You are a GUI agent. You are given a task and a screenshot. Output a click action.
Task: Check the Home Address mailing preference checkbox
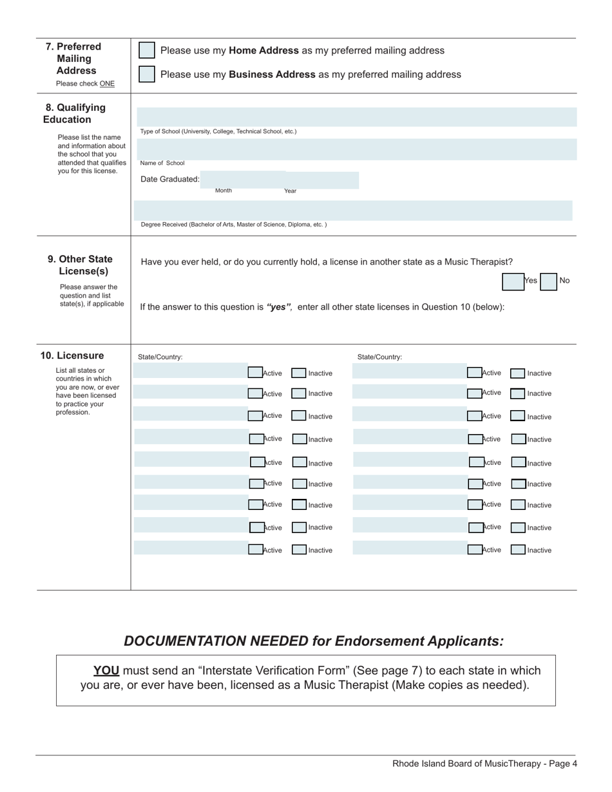click(147, 50)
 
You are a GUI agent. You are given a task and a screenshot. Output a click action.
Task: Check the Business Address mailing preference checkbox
click(147, 74)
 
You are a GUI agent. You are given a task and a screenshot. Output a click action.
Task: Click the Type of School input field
click(357, 117)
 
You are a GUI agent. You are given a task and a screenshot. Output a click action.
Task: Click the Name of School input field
click(357, 149)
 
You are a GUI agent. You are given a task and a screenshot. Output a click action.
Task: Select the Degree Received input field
click(353, 211)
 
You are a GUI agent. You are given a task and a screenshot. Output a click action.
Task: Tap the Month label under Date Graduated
click(224, 191)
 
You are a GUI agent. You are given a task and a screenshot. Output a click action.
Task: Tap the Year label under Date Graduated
click(291, 191)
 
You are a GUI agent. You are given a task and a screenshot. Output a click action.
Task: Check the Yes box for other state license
click(513, 281)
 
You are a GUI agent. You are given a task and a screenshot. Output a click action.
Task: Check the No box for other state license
click(548, 281)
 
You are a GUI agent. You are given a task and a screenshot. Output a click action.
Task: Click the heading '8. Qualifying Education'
click(74, 113)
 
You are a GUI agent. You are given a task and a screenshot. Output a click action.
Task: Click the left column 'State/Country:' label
click(160, 357)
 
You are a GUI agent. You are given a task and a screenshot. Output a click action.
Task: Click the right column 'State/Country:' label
click(379, 357)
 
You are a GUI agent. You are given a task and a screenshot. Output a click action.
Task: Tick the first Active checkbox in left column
click(255, 372)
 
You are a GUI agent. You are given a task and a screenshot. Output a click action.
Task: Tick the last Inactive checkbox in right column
click(518, 550)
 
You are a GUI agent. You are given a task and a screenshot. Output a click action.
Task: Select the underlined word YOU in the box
click(106, 670)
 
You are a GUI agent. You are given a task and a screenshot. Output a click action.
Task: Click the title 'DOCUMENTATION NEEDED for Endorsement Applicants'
click(314, 641)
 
